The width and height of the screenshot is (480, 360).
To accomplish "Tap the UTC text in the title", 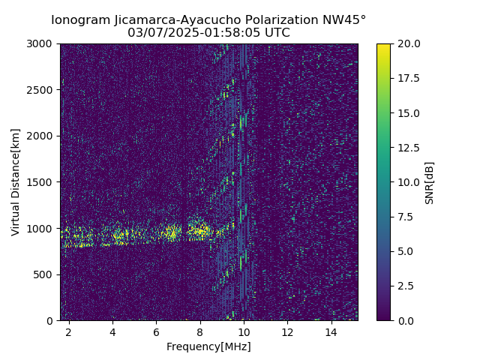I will tap(276, 33).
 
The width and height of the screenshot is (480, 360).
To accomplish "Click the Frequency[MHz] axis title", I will tap(208, 346).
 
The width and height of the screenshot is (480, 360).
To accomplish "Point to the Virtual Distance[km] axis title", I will tap(16, 181).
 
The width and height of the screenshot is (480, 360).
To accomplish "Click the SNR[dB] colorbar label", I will tap(430, 182).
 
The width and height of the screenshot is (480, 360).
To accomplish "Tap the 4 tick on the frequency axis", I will tap(112, 331).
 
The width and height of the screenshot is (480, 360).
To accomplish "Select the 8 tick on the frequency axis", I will tap(200, 331).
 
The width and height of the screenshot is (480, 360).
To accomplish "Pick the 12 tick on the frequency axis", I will tap(287, 331).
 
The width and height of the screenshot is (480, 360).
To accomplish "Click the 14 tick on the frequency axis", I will tap(331, 331).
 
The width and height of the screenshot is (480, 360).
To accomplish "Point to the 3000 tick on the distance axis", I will tap(42, 43).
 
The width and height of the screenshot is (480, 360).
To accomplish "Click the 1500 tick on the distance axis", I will tap(42, 182).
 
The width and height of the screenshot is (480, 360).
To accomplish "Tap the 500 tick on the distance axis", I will tap(45, 274).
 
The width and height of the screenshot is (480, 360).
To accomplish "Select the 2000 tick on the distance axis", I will tap(42, 136).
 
